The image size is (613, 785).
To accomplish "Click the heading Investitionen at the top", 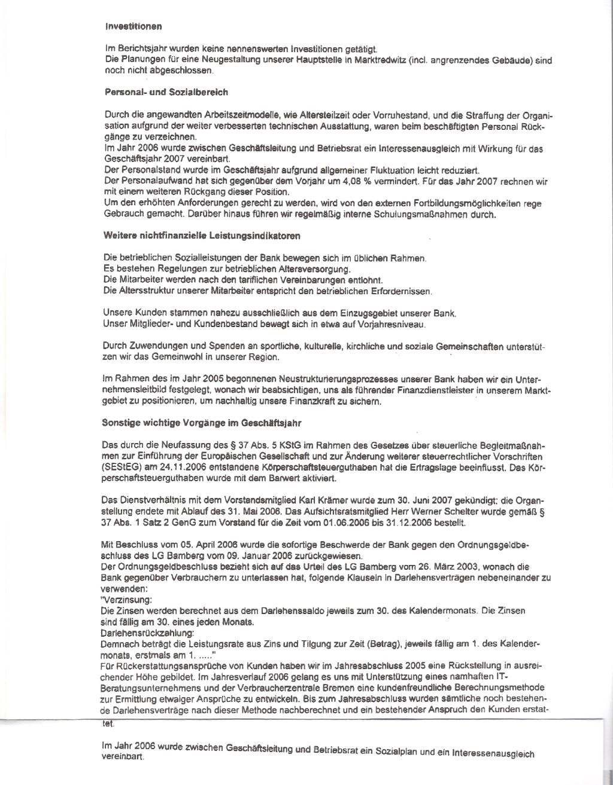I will [x=133, y=26].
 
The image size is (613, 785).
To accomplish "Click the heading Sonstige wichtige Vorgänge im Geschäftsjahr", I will [x=202, y=422].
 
